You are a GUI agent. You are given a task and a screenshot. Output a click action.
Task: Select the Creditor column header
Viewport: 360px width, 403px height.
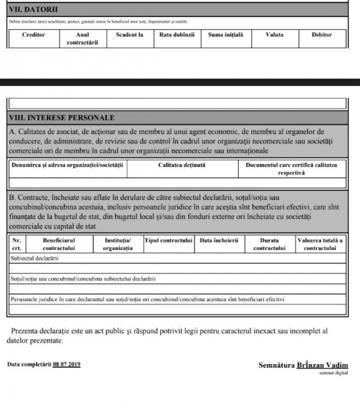(x=33, y=35)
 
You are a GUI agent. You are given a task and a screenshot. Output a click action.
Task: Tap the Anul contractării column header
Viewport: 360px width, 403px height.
(x=82, y=38)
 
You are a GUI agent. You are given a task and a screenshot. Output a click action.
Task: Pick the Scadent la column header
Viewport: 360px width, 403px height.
(x=129, y=35)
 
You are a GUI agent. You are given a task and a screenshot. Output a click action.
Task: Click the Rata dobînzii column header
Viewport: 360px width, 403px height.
(x=177, y=35)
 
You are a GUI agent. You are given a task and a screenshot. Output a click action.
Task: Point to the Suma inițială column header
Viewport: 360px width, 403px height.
(x=225, y=35)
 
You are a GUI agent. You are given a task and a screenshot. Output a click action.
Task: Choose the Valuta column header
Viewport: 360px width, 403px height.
(x=274, y=35)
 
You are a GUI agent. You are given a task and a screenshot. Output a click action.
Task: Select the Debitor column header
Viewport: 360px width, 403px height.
(x=321, y=35)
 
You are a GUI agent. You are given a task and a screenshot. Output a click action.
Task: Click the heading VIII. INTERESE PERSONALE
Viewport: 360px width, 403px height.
(x=62, y=118)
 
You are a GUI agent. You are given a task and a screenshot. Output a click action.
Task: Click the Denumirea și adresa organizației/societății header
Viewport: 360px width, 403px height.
(x=68, y=164)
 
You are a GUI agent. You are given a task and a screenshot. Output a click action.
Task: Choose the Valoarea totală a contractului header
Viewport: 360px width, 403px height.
(x=320, y=244)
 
